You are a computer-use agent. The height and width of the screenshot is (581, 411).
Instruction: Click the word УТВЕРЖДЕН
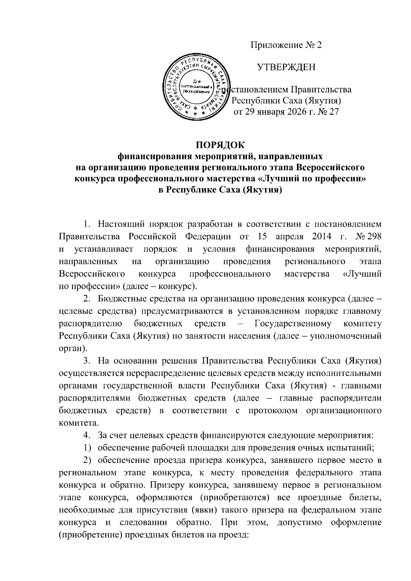point(286,67)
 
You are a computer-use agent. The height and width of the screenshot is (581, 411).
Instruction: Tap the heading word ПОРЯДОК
point(220,145)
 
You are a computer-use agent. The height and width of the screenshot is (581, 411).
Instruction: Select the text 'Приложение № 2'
point(286,45)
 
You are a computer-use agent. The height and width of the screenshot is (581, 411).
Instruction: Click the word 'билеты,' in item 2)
point(365,497)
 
